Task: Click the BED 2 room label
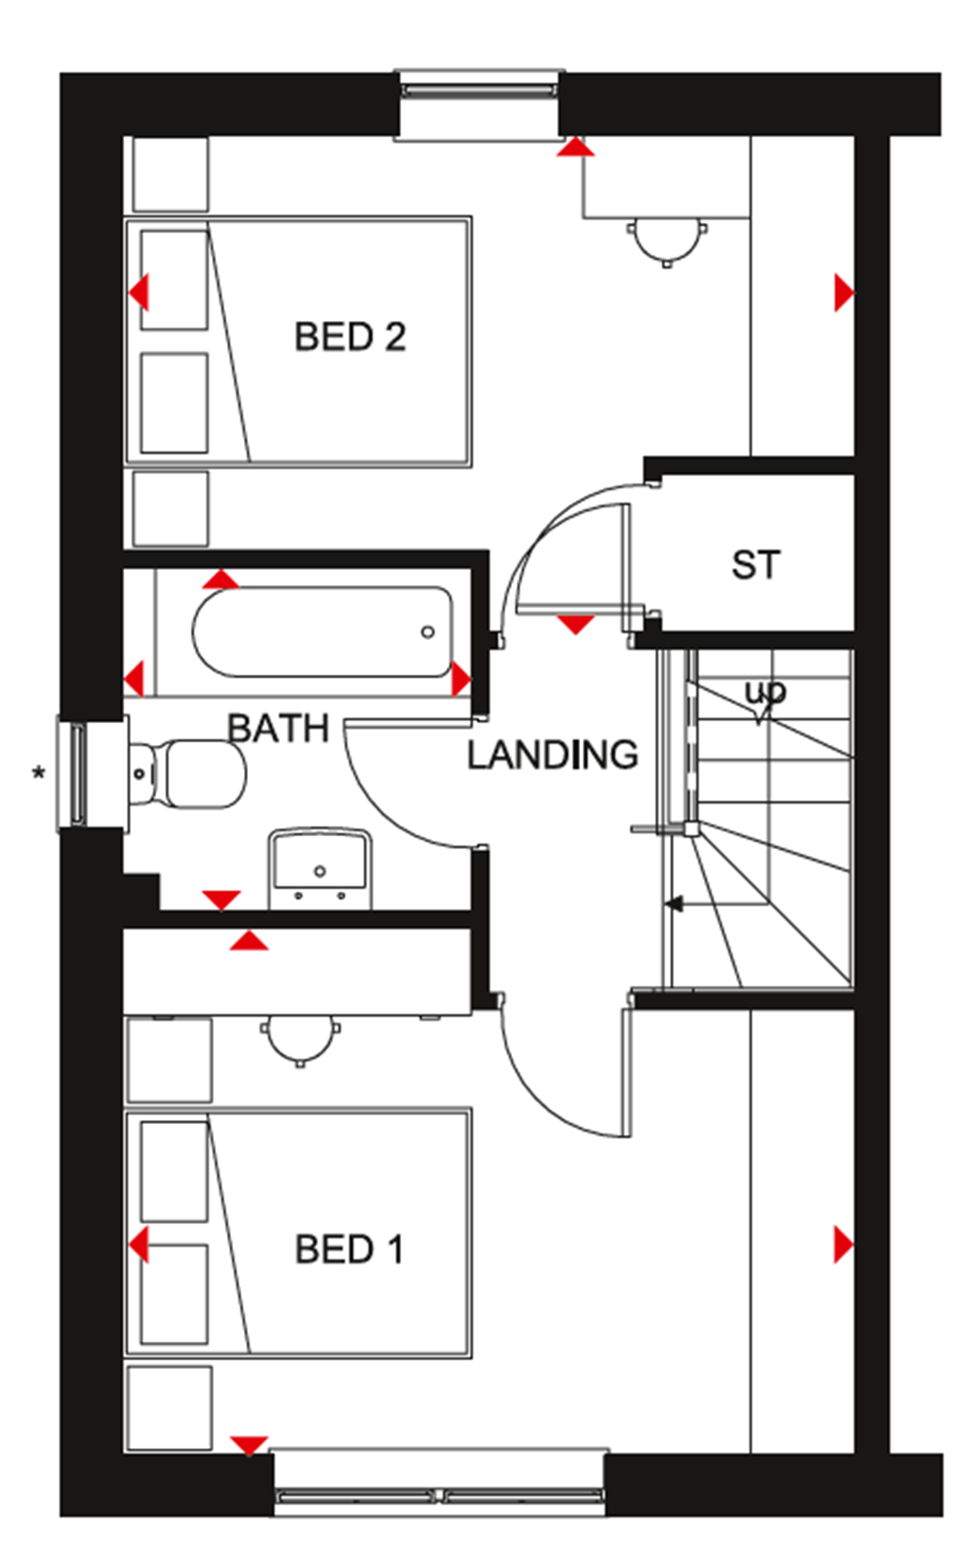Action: pos(349,337)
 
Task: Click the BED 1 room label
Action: pos(349,1250)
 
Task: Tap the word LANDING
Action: pos(553,754)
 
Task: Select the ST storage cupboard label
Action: pos(755,565)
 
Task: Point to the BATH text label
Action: pos(277,728)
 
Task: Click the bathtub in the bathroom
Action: pos(322,631)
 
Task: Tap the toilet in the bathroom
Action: pos(189,773)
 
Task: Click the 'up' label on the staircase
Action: pos(765,694)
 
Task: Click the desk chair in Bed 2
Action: pos(667,240)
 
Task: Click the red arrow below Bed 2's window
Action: pos(575,148)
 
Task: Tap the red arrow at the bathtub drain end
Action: pos(461,679)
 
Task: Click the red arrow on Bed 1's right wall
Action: pos(842,1244)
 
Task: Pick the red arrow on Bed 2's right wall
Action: pos(842,293)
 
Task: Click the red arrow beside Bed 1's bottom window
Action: pos(249,1446)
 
